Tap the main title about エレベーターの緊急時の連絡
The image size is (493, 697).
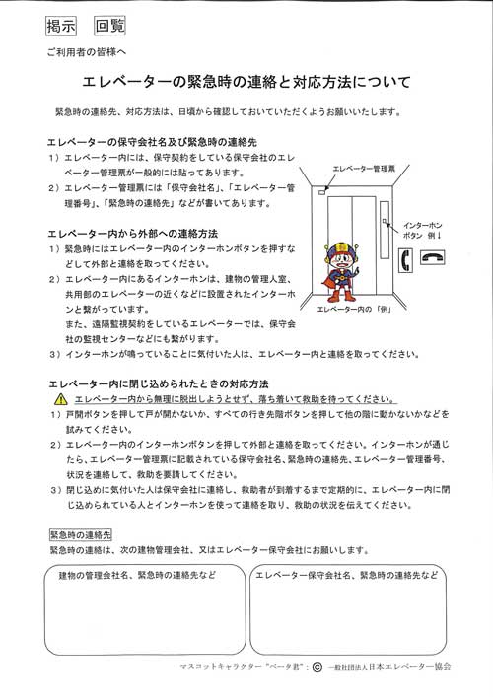coord(246,79)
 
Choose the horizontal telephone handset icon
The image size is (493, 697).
coord(434,258)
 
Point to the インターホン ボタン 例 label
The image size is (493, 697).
coord(425,231)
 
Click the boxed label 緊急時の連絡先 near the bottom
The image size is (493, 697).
coord(81,535)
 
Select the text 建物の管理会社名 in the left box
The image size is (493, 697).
coord(95,575)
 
